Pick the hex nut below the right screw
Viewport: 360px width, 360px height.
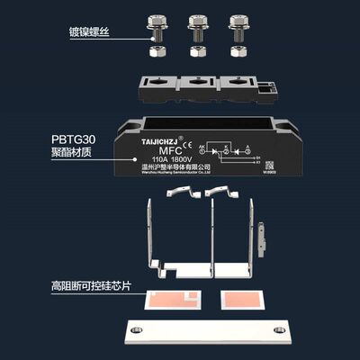(238, 51)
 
